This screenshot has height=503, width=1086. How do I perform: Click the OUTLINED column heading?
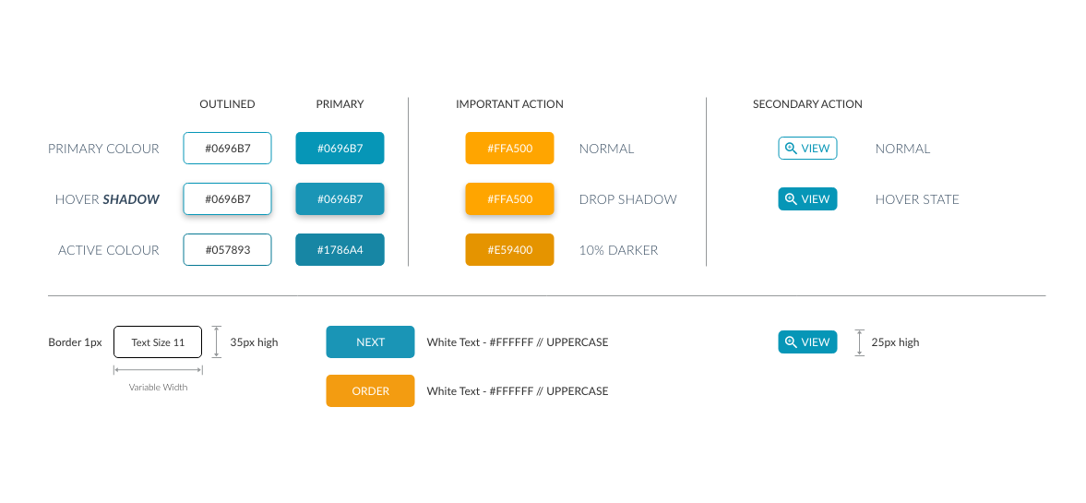[x=227, y=104]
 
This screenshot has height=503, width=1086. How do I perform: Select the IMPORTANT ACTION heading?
[x=509, y=104]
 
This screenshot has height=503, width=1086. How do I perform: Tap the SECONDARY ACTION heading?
[x=807, y=104]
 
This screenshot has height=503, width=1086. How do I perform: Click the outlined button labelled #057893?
[x=227, y=249]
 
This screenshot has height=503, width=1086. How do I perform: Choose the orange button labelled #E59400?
[x=509, y=249]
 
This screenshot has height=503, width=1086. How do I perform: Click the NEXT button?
[x=371, y=341]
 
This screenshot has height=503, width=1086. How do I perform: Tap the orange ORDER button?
[x=371, y=390]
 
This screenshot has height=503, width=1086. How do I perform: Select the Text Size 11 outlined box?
[x=158, y=341]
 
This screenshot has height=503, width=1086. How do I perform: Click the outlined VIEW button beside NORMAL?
[x=807, y=149]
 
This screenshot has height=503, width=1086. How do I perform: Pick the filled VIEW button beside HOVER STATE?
[x=807, y=198]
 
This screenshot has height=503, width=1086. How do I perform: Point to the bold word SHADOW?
[x=131, y=199]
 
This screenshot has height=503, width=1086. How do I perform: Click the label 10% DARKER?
[x=618, y=250]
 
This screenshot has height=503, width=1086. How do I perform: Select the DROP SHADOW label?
[x=627, y=199]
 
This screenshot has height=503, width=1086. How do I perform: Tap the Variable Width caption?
[x=158, y=388]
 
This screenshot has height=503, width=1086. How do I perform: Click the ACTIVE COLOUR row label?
[x=109, y=250]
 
